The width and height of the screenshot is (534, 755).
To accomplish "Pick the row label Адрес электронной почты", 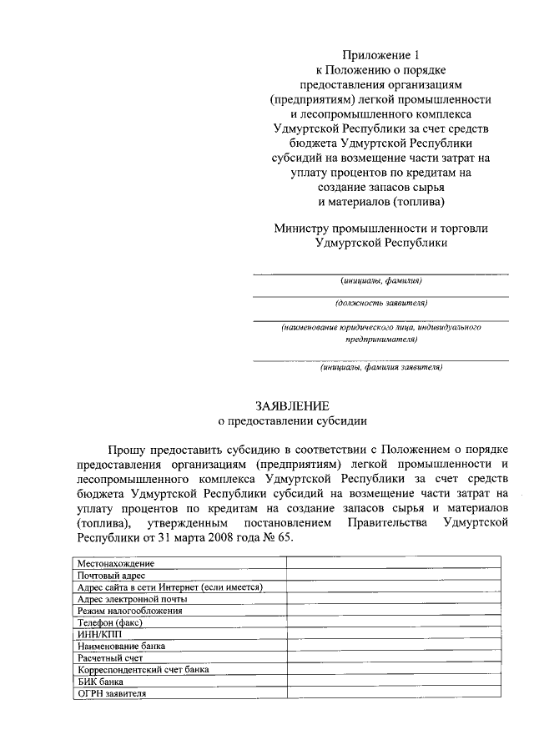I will coord(131,599).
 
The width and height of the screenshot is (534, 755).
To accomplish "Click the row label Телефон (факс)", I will coord(109,622).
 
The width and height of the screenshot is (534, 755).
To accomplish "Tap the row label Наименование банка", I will coord(121,646).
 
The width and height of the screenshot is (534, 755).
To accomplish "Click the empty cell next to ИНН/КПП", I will coord(394,634).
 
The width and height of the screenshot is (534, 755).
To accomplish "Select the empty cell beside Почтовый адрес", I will coord(394,576).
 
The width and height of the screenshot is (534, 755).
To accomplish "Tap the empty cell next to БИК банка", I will coord(394,681).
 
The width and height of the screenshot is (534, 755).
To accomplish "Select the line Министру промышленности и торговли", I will coord(380,228).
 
